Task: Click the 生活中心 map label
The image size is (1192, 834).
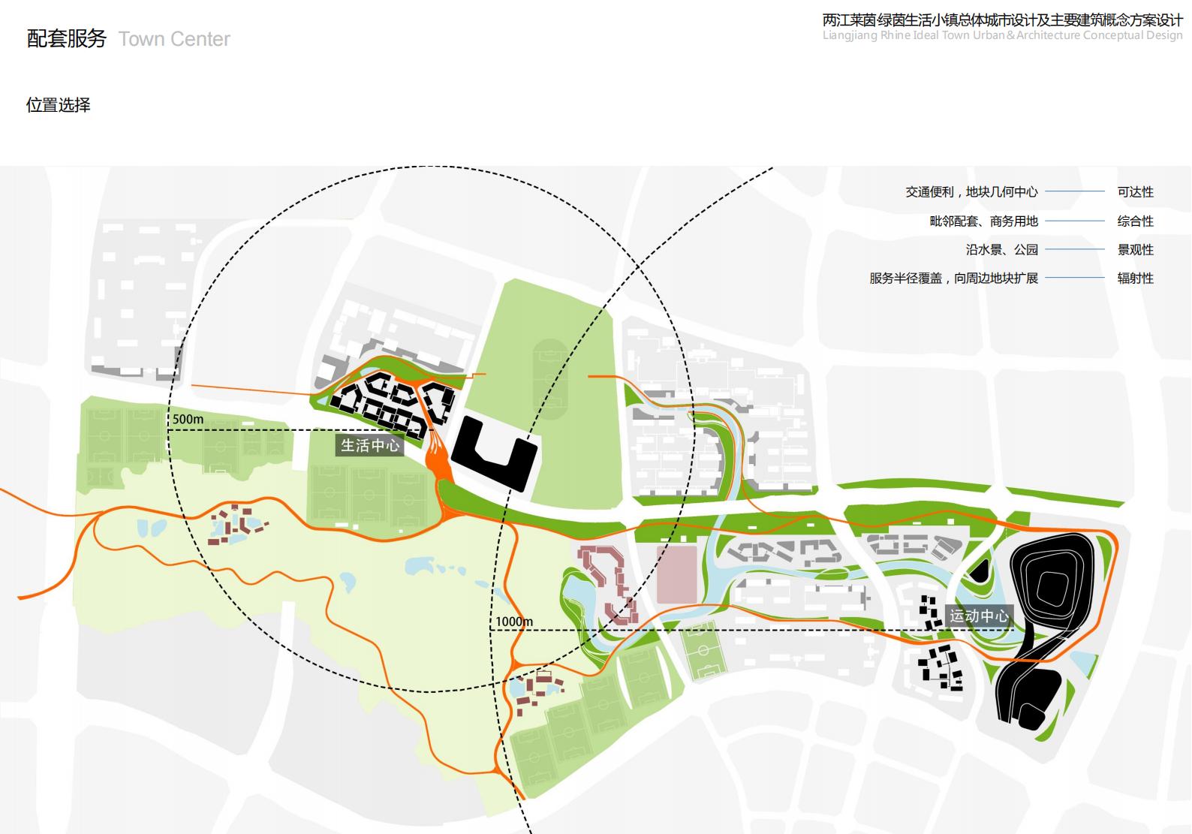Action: tap(370, 445)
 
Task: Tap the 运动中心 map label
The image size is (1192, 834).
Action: tap(979, 616)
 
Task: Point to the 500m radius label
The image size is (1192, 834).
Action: tap(188, 419)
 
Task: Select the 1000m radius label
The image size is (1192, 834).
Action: tap(514, 622)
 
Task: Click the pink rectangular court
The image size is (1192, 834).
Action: tap(676, 575)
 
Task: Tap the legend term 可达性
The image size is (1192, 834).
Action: tap(1135, 192)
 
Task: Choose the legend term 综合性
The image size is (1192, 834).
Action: tap(1135, 221)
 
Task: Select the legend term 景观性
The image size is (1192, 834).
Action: tap(1135, 250)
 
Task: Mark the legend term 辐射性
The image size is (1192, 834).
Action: tap(1135, 279)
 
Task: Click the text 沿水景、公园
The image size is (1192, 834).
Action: tap(1001, 250)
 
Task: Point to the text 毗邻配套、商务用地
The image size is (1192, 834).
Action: tap(983, 221)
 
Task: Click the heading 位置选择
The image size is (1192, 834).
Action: tap(59, 105)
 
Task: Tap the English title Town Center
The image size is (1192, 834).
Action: tap(174, 39)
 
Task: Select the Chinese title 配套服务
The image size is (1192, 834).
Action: tap(67, 38)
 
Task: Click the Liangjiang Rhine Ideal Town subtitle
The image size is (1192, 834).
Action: tap(1002, 35)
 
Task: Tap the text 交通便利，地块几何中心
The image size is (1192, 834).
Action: tap(971, 192)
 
